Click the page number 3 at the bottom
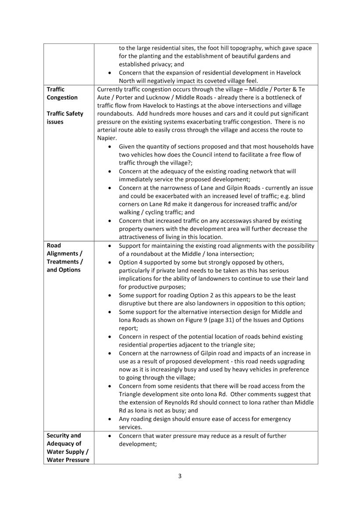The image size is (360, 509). coord(180,477)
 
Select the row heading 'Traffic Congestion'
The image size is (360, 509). coord(62,93)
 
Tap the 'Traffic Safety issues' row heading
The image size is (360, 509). coord(65,118)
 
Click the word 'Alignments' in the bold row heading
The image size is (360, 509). coord(64,254)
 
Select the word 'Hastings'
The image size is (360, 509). coord(200,106)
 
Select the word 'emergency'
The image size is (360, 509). coord(274,419)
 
